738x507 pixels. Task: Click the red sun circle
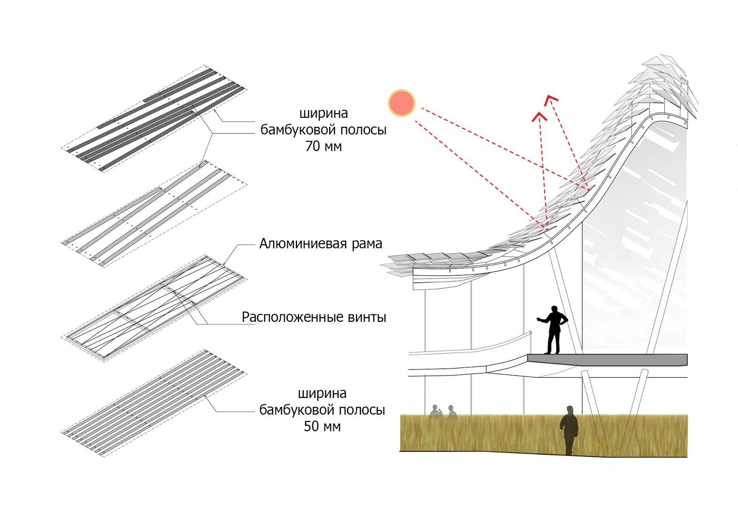401,103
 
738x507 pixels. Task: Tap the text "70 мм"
323,146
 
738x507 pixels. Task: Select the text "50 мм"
322,426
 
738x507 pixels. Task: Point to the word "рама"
367,244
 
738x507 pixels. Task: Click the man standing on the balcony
553,329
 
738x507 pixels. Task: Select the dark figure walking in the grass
569,429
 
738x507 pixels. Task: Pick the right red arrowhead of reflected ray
551,99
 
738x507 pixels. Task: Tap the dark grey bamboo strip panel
155,120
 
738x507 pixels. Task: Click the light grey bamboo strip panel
155,213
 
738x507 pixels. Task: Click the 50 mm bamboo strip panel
155,403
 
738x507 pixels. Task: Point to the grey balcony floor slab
607,360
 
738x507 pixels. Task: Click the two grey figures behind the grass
442,411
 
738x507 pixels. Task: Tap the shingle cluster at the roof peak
664,83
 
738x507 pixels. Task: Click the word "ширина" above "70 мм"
323,113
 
